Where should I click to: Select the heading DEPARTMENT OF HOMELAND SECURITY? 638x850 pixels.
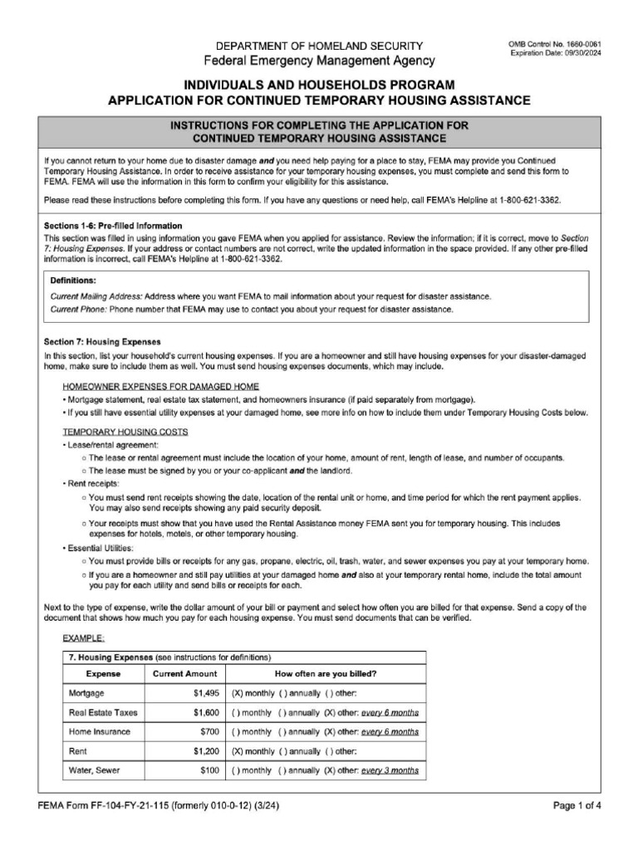coord(319,46)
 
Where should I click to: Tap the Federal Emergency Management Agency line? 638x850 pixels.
coord(319,61)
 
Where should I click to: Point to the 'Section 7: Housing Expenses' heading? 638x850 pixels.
coord(102,342)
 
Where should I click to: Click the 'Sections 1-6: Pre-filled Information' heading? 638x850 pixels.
coord(112,226)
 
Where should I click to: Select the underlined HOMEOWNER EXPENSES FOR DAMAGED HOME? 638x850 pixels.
coord(160,387)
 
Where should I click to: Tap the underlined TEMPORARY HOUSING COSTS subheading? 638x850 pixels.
coord(125,432)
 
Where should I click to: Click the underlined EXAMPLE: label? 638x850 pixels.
coord(84,638)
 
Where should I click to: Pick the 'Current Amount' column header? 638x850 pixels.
coord(184,674)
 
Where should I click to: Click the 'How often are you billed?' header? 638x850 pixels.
coord(325,674)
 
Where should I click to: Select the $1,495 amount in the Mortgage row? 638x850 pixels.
coord(205,693)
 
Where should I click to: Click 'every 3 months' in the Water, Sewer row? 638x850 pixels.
coord(390,770)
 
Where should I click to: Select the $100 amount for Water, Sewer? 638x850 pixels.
coord(209,770)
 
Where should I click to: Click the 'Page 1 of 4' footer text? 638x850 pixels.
coord(577,806)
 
